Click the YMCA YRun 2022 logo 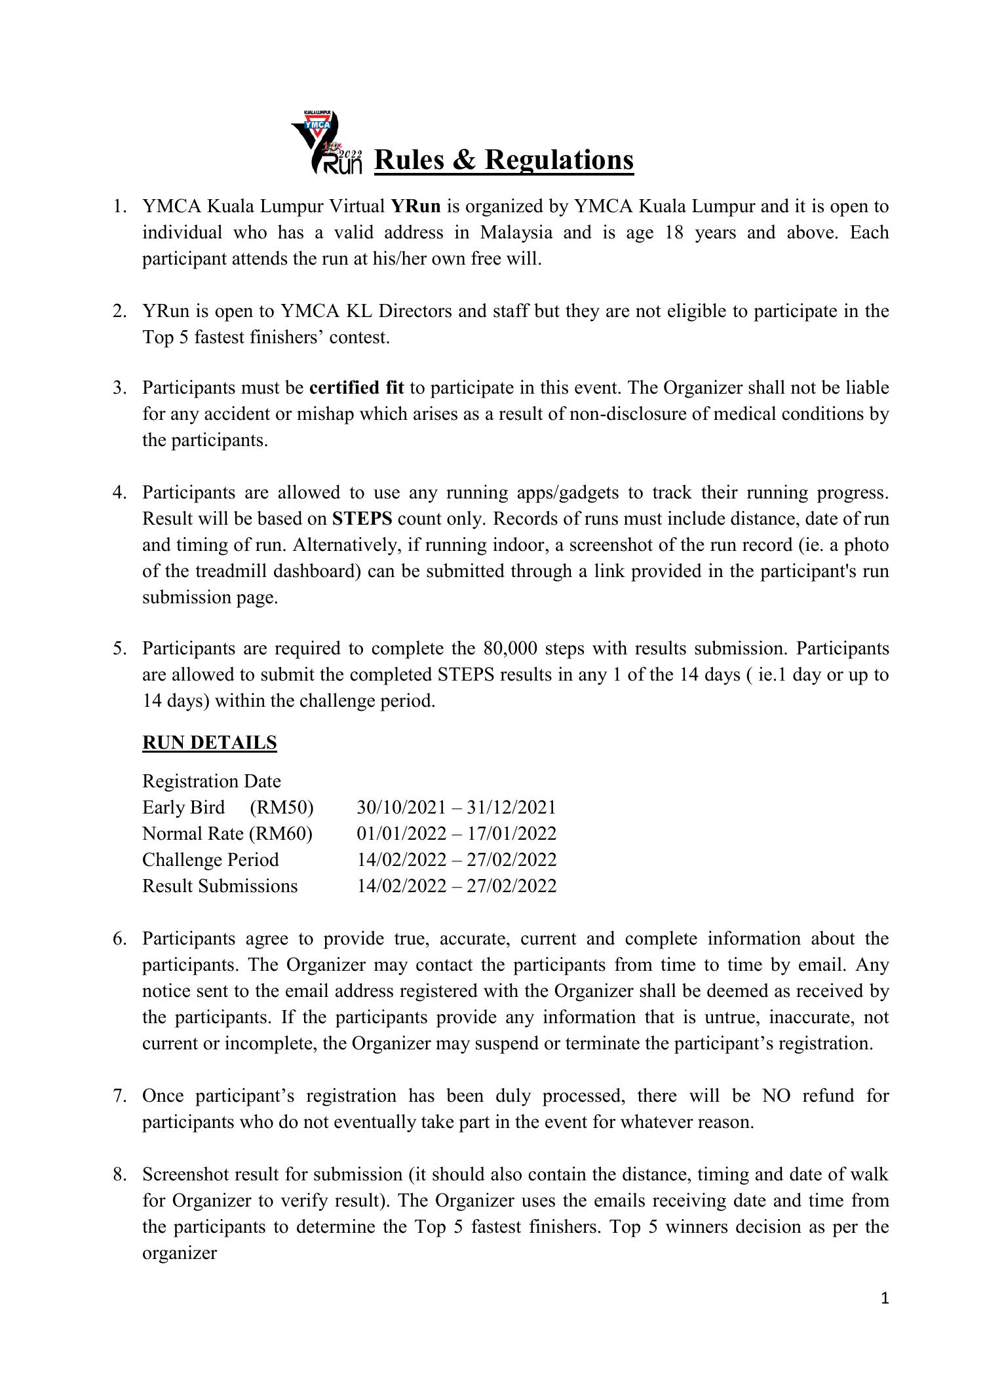327,143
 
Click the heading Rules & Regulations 503,160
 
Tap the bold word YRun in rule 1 415,206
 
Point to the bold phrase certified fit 357,388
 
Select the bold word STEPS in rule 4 362,519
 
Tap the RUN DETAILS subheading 209,742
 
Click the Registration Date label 211,781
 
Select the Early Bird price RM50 282,807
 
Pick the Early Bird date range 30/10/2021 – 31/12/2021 456,807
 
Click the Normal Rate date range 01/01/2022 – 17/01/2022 456,833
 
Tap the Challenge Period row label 210,859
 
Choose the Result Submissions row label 220,886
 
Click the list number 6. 119,939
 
